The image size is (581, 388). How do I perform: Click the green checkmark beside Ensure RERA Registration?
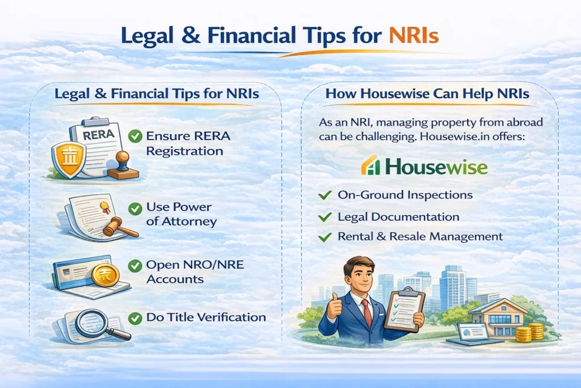point(134,136)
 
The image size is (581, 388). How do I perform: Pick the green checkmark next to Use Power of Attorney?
point(134,209)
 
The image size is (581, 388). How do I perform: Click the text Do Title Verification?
point(205,318)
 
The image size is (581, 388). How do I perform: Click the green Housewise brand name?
point(435,167)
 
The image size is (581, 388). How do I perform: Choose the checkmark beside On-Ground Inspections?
point(325,195)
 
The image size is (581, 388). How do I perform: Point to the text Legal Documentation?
point(398,217)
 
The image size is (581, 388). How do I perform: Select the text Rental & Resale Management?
point(420,236)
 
